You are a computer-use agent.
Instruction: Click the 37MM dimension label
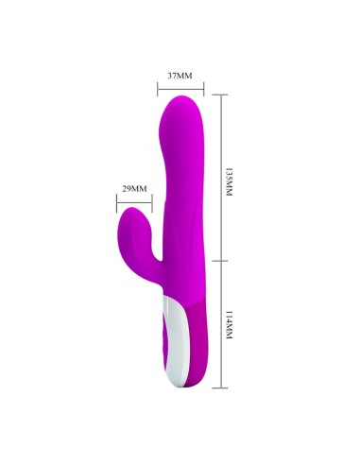click(180, 76)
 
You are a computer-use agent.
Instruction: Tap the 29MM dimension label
click(134, 189)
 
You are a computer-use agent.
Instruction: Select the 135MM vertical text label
click(229, 182)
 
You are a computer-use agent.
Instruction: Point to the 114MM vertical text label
click(229, 325)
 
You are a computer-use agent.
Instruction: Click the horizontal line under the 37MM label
click(180, 89)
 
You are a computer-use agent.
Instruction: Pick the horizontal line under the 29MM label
click(134, 203)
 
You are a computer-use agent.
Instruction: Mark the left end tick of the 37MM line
click(158, 89)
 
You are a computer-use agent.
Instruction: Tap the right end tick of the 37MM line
click(204, 89)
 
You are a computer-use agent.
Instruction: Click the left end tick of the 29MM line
click(116, 203)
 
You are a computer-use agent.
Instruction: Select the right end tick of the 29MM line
click(152, 203)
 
